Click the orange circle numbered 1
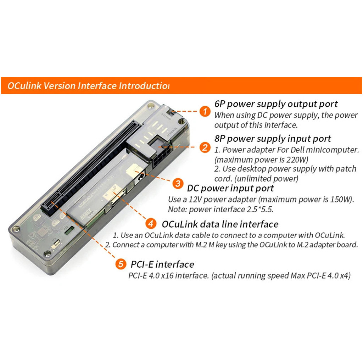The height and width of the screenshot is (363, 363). pos(205,111)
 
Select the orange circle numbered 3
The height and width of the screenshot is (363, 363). pos(178,184)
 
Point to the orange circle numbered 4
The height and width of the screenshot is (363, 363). pos(151,224)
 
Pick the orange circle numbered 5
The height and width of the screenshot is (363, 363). pos(121,264)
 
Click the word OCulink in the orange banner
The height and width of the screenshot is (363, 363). pos(24,86)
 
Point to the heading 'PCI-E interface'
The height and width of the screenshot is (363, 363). pos(162,264)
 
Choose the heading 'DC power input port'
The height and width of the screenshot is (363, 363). pos(230,189)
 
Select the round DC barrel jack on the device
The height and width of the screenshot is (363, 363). pos(140,178)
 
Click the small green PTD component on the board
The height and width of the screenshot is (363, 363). pos(69,230)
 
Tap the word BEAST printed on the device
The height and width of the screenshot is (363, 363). pos(86,213)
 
